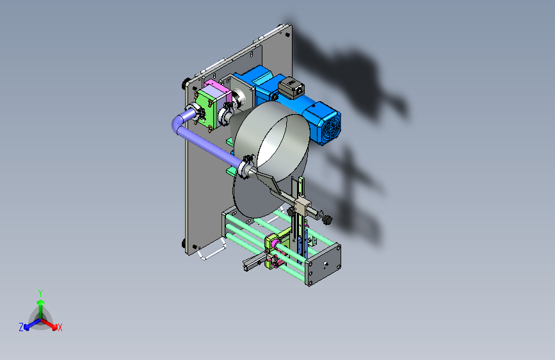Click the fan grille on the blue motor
pyautogui.click(x=332, y=128)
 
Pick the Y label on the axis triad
pyautogui.click(x=40, y=293)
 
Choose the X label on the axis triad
pyautogui.click(x=60, y=328)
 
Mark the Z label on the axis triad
pyautogui.click(x=21, y=327)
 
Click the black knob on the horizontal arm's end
pyautogui.click(x=327, y=220)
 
